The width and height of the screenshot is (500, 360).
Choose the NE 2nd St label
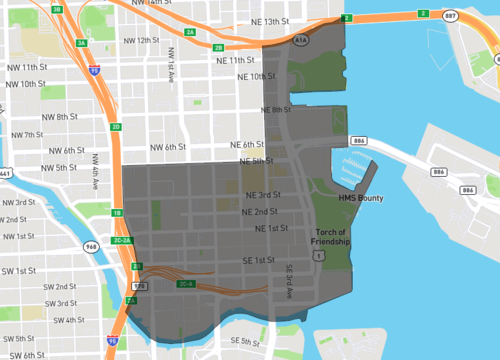pos(259,212)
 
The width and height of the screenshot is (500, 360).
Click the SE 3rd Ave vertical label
pos(292,280)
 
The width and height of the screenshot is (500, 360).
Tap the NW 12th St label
pos(138,40)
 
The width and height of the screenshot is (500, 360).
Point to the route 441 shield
pos(4,174)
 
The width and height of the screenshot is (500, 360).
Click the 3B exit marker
pos(57,9)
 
